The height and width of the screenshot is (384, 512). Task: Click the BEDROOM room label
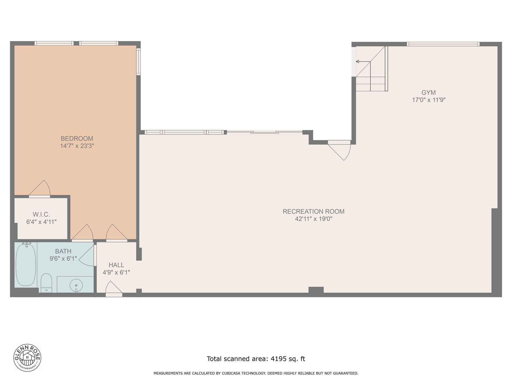coord(77,138)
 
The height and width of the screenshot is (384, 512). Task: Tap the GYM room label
coord(429,93)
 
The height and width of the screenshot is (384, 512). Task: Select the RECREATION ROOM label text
coord(314,211)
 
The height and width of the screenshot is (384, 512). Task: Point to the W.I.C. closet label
coord(41,214)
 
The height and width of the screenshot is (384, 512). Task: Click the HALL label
coord(116,265)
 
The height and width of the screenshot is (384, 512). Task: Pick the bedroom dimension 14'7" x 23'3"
coord(77,146)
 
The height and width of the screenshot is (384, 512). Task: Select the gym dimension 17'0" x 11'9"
coord(429,100)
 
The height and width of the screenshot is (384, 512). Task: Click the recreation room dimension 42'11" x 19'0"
coord(314,219)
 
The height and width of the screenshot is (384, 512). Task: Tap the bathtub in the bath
coord(26,265)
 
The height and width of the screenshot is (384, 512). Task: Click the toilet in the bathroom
coord(46,283)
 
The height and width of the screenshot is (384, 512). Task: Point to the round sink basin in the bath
coord(76,285)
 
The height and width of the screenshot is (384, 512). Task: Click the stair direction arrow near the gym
coord(363,62)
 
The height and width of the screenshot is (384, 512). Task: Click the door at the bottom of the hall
coord(114,289)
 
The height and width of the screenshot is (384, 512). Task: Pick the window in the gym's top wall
coord(443,44)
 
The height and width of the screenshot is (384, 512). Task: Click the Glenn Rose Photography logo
coord(27,358)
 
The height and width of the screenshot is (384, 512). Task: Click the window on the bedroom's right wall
coord(138,61)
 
